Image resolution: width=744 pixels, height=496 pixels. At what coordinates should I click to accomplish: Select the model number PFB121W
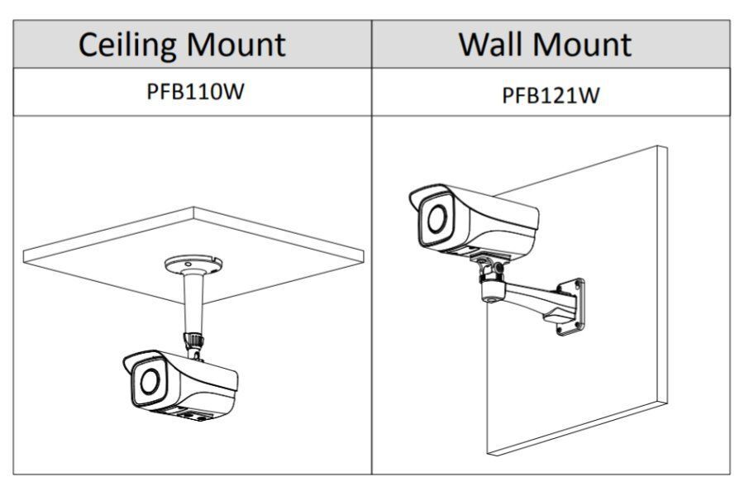pos(551,94)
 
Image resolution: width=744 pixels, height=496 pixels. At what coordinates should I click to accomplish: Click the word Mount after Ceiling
pos(240,44)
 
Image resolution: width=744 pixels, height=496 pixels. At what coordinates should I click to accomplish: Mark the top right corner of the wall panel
pos(666,147)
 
